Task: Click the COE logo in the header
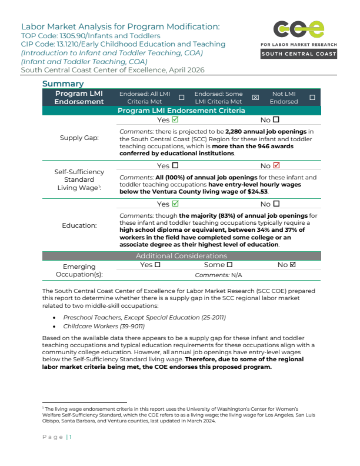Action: tap(299, 31)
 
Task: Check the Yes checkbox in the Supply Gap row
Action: tap(175, 119)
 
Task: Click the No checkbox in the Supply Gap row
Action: tap(276, 119)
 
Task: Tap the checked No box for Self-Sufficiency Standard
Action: tap(276, 165)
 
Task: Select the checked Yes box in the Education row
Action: tap(175, 204)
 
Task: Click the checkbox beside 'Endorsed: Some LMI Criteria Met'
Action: tap(255, 98)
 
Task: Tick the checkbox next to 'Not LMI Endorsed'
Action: tap(312, 98)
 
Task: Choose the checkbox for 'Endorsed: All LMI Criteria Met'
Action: tap(181, 98)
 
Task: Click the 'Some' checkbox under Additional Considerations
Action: tap(230, 265)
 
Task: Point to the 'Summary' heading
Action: tap(63, 84)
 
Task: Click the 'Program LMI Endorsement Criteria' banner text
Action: tap(181, 111)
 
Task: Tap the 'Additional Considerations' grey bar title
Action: tap(181, 255)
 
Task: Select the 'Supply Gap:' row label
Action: tap(79, 138)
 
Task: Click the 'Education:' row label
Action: tap(79, 225)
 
